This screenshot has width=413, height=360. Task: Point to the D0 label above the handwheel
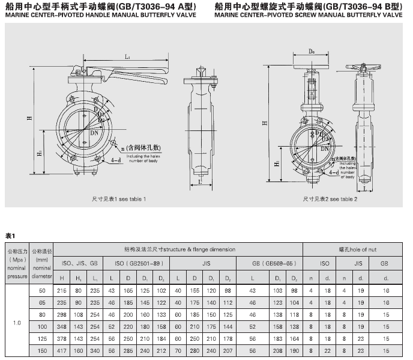point(312,52)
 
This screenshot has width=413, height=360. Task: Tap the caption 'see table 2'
point(339,198)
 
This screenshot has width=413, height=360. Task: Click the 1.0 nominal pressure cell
point(17,323)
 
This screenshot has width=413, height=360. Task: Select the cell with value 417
point(61,350)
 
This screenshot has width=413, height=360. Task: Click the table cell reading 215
point(61,290)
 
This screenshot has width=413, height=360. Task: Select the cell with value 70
point(178,350)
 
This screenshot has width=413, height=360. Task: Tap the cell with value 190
point(294,350)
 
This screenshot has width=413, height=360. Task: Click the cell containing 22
point(328,350)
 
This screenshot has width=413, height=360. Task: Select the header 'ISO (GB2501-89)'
point(137,263)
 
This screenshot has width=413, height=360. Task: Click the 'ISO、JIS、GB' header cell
point(79,263)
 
